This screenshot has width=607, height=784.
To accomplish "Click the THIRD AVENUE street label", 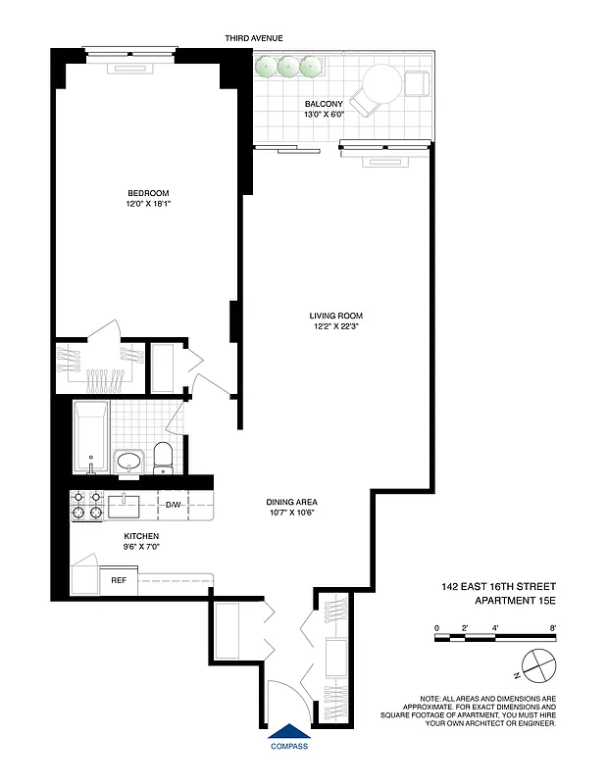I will [x=254, y=37].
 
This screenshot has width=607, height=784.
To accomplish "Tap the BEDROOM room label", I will [x=148, y=192].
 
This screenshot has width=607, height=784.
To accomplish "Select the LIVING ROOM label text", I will [x=335, y=316].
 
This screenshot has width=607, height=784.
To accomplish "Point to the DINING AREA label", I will [x=291, y=503].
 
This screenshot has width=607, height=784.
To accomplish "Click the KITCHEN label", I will [x=141, y=536].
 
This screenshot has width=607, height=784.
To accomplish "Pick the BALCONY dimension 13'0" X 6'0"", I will [x=324, y=115].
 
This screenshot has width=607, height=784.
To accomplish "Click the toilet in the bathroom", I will [x=164, y=456].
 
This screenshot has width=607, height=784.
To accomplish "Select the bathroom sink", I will [x=128, y=461].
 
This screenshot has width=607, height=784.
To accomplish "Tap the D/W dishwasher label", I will [x=173, y=505].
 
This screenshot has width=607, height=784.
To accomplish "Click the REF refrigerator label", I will [x=118, y=580].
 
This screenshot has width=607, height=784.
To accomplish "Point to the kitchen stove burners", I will [x=85, y=505].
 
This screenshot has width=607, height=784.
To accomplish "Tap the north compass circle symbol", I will [x=538, y=666].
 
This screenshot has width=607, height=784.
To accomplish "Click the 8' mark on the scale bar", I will [x=554, y=626].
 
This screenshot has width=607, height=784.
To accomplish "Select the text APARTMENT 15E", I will [x=515, y=601].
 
